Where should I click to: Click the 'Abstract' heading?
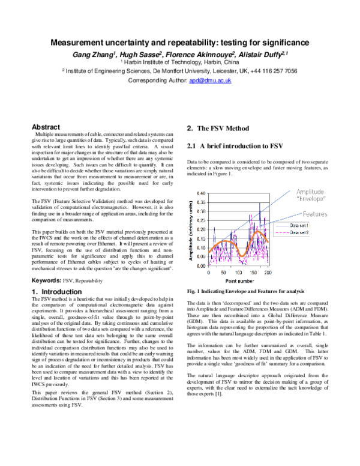pos(46,127)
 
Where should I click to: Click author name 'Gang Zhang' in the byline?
pos(94,55)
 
